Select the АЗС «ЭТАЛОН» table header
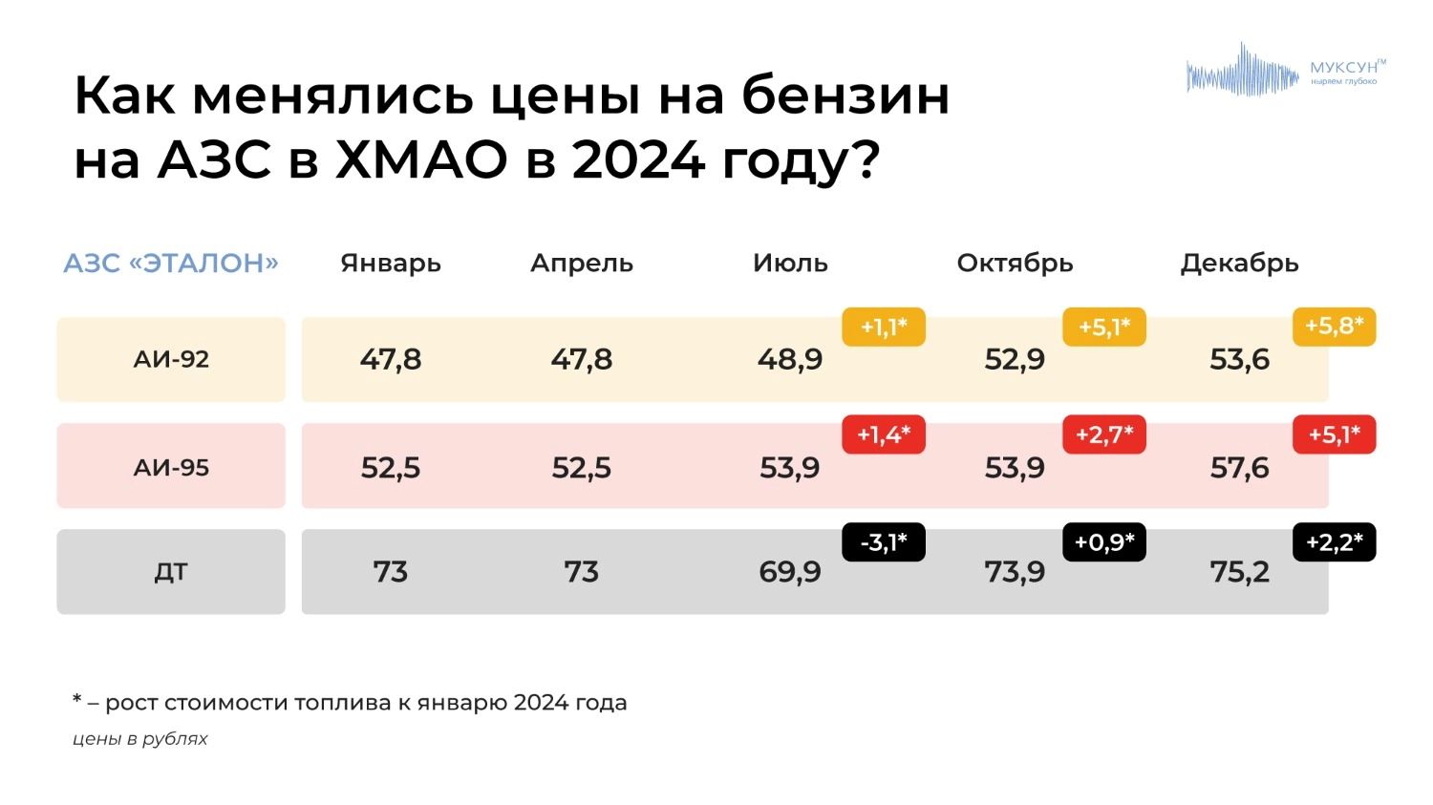[x=171, y=263]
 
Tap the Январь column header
[x=391, y=263]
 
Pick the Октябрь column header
[x=1015, y=263]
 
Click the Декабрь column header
[x=1239, y=263]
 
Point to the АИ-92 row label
[x=171, y=359]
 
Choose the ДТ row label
[x=171, y=572]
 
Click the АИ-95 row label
[x=171, y=467]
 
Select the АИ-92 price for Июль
[x=790, y=359]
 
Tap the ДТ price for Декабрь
[x=1239, y=572]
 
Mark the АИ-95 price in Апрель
[x=581, y=467]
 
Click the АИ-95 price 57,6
[x=1239, y=467]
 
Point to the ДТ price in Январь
[x=391, y=572]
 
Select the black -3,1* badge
[x=883, y=542]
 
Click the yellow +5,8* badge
[x=1334, y=327]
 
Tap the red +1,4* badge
[x=883, y=434]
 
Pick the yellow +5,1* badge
[x=1104, y=327]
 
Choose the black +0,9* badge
[x=1104, y=542]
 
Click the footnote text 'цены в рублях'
[x=140, y=738]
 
